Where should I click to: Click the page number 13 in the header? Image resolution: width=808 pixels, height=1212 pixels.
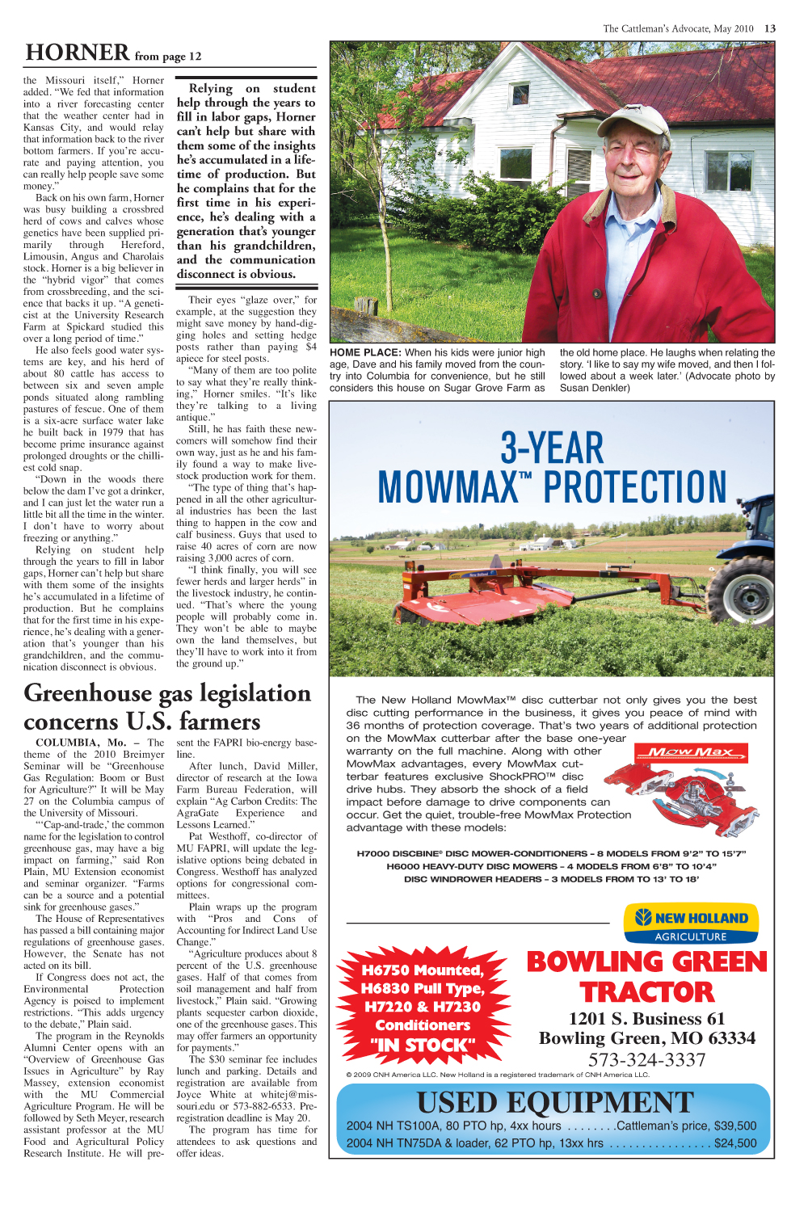point(770,28)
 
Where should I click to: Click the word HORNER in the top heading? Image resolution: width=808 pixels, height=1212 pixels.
point(77,53)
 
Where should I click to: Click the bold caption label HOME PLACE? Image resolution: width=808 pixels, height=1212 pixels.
point(365,352)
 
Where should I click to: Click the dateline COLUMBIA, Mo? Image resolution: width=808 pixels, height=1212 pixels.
point(81,742)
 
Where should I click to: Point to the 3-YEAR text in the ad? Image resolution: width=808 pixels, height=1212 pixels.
point(552,448)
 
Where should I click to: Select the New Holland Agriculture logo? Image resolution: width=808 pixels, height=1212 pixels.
point(691,924)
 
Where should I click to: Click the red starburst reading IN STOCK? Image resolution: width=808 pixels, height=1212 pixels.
point(423,1007)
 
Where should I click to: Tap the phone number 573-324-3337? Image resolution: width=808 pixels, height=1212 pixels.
point(646,1059)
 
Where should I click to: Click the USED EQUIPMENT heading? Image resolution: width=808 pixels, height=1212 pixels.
point(555,1102)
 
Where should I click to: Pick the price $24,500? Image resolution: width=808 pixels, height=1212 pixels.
point(735,1143)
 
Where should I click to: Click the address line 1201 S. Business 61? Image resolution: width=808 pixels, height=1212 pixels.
point(646,1018)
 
